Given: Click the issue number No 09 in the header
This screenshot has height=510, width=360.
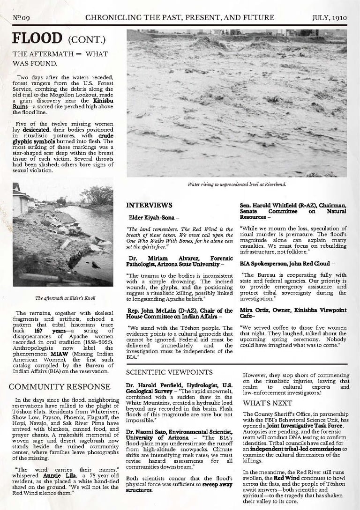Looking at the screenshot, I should [x=21, y=18].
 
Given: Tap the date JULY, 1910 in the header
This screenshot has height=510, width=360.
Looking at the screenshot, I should [x=329, y=18].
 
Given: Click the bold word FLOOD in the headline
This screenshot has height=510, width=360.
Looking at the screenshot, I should [x=37, y=38].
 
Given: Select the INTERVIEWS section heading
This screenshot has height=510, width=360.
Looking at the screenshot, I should [x=149, y=205].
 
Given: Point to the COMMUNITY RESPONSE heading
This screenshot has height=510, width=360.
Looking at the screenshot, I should [x=60, y=386].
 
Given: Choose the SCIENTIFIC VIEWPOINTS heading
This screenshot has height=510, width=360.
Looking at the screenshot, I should [x=169, y=372].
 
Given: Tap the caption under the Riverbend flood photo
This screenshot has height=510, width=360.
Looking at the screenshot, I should [x=237, y=185].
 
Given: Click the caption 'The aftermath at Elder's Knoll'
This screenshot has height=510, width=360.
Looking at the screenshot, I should [x=63, y=298].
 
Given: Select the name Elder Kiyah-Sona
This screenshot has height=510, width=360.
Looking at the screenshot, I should [x=151, y=218].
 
